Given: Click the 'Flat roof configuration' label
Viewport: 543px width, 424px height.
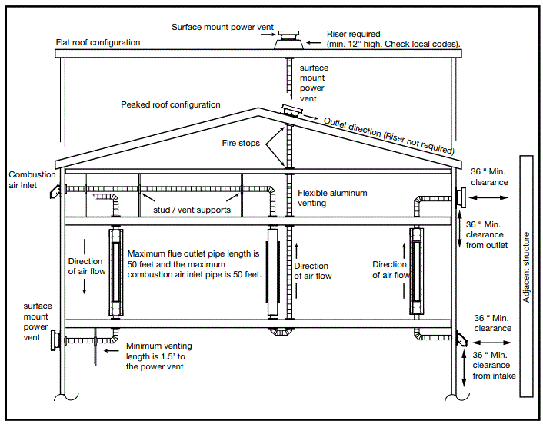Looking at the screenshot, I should coord(98,42).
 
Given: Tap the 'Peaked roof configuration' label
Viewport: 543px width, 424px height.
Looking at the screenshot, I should coord(170,104).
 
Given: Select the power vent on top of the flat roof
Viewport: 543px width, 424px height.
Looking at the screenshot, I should coord(291,39).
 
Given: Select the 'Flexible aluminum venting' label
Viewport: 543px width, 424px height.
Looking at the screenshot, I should coord(332,198).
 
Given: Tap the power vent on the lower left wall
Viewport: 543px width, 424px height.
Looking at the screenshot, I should coord(55,339).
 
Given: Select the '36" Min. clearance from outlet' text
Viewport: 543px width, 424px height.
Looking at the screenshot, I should coord(487,234).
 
